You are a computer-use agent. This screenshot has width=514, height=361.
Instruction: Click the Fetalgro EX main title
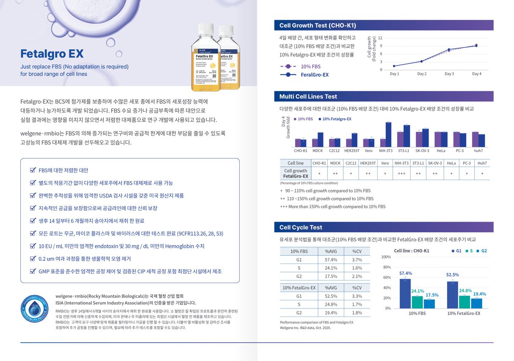pyautogui.click(x=52, y=54)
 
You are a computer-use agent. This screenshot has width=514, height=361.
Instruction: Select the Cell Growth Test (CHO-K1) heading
pyautogui.click(x=318, y=25)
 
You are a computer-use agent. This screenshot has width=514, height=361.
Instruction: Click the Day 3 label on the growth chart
pyautogui.click(x=449, y=74)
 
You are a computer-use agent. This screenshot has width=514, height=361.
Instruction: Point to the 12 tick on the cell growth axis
pyautogui.click(x=380, y=38)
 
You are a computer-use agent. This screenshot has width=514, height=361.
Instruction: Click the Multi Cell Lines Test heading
pyautogui.click(x=308, y=97)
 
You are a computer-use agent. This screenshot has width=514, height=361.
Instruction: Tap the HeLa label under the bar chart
pyautogui.click(x=441, y=150)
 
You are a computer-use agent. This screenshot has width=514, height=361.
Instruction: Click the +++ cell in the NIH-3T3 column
pyautogui.click(x=401, y=173)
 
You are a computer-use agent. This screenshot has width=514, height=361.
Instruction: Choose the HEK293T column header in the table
pyautogui.click(x=368, y=163)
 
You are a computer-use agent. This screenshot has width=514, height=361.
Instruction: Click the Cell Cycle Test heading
pyautogui.click(x=301, y=228)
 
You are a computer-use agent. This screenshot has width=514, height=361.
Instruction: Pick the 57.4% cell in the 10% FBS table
pyautogui.click(x=331, y=260)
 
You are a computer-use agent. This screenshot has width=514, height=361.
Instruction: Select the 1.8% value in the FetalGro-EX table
pyautogui.click(x=357, y=313)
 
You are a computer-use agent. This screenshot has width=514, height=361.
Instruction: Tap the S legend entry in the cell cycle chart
pyautogui.click(x=469, y=251)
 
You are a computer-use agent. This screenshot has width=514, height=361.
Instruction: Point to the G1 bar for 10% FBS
pyautogui.click(x=405, y=293)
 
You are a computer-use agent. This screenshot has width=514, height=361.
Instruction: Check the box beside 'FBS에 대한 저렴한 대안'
pyautogui.click(x=33, y=170)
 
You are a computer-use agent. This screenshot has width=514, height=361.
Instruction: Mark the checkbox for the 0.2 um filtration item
pyautogui.click(x=33, y=258)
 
